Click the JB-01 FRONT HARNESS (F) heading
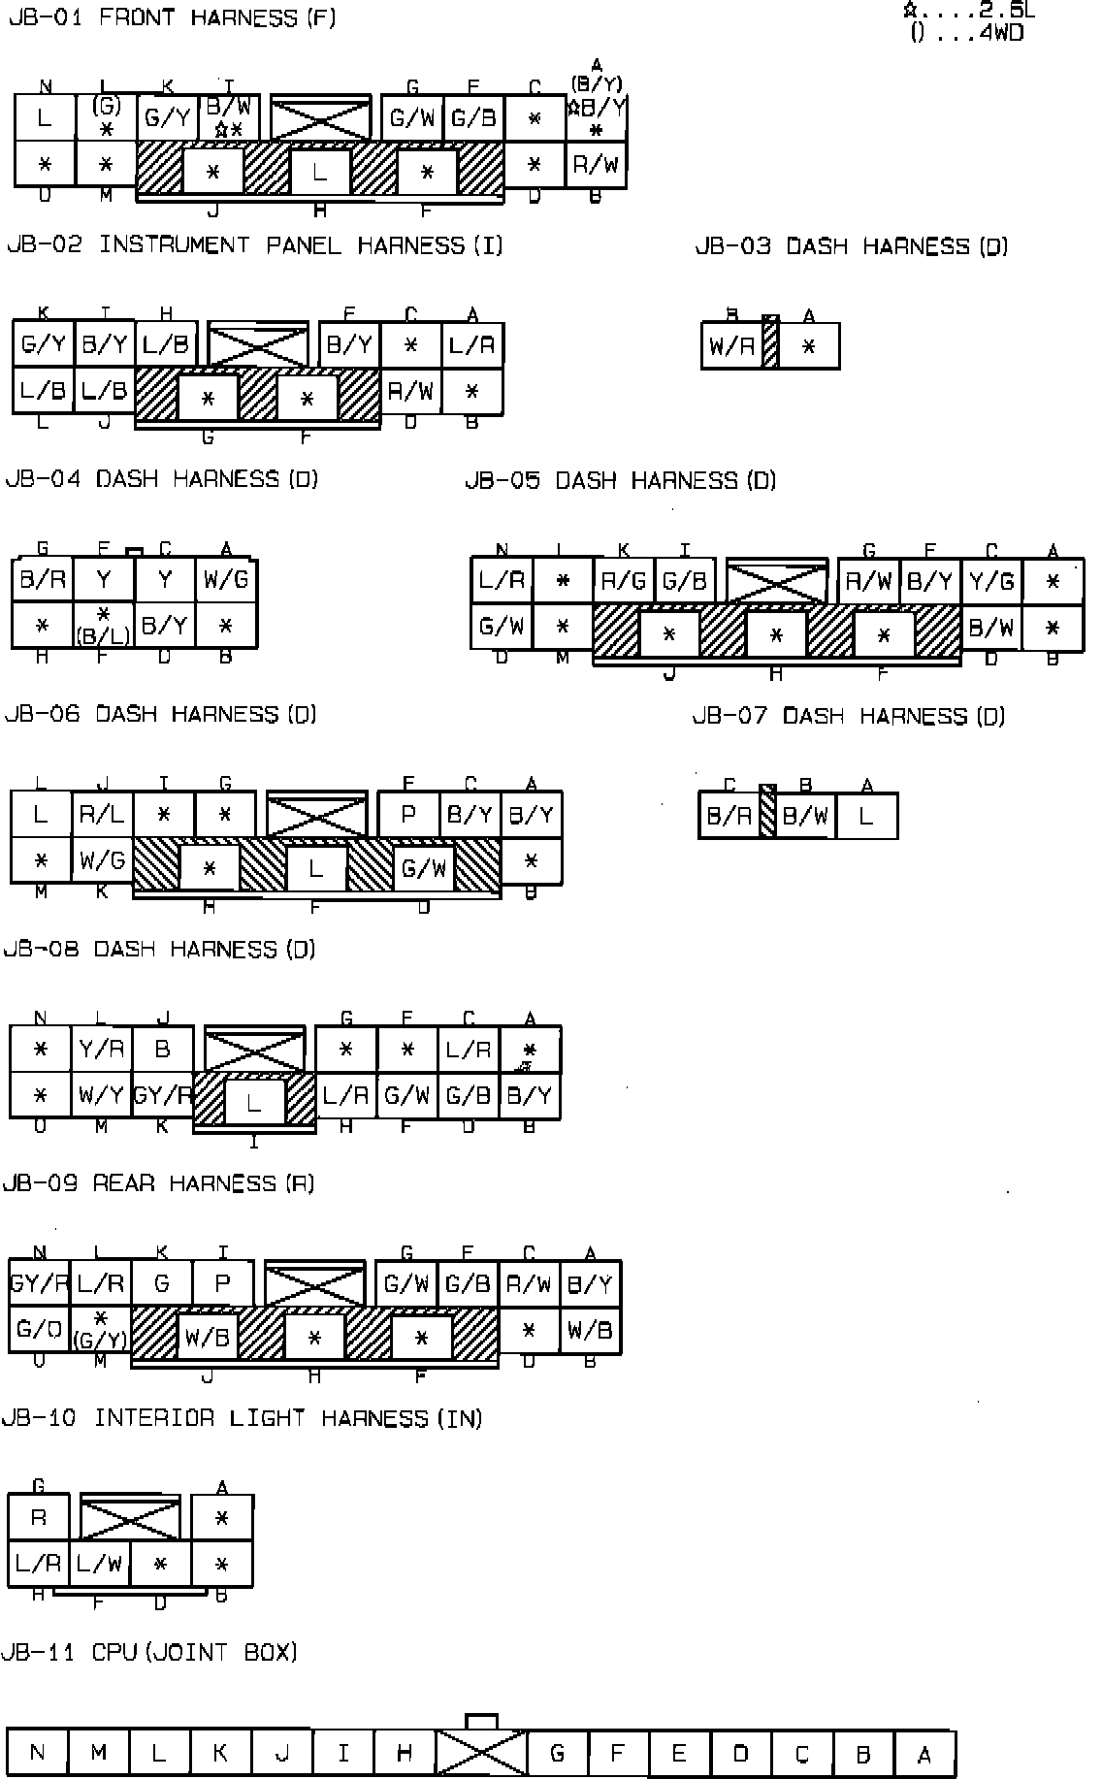point(172,18)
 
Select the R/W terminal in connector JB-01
point(596,165)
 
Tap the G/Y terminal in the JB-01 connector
point(167,118)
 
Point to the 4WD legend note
point(967,33)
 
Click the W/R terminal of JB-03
point(731,346)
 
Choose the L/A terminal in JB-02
point(472,345)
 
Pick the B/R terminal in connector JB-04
point(43,580)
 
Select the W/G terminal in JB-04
point(226,580)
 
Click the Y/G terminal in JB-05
point(991,581)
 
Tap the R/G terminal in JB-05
point(624,581)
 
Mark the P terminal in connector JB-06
point(407,815)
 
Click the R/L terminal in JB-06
point(101,815)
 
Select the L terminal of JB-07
point(866,816)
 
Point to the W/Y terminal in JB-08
point(101,1096)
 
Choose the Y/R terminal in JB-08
point(101,1050)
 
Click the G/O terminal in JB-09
point(39,1330)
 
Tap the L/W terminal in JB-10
point(99,1563)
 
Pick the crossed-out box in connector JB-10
point(130,1518)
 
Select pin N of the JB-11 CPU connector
point(37,1753)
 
